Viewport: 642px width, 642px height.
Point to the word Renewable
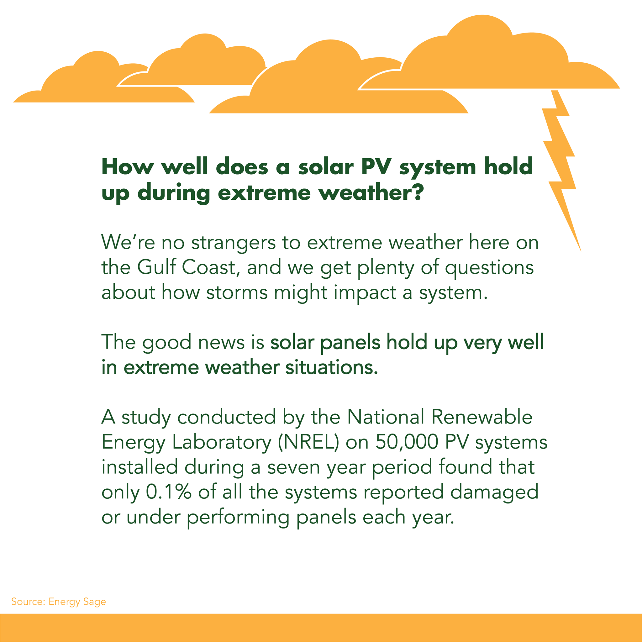click(482, 417)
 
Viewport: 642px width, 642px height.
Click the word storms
click(237, 293)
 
